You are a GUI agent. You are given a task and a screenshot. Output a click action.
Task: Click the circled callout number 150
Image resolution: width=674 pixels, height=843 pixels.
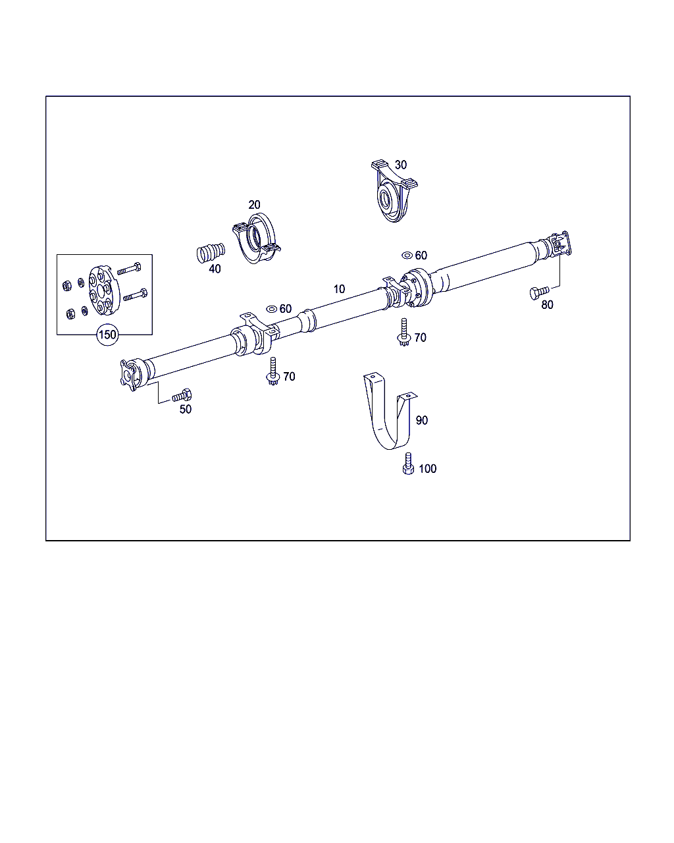(107, 335)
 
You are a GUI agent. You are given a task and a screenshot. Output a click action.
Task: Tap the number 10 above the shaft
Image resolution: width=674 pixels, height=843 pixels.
(339, 289)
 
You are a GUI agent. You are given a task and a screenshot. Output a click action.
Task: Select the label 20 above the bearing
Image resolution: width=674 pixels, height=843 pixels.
(254, 204)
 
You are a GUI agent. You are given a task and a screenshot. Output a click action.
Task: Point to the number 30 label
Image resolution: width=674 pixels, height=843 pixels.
(401, 165)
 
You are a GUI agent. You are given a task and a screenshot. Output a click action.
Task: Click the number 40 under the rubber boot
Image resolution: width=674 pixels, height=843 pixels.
(215, 269)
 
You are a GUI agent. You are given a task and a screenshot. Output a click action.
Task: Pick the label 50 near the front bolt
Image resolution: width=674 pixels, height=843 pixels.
(186, 410)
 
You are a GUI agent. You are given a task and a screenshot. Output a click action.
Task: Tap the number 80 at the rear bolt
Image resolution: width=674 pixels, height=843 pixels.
(547, 305)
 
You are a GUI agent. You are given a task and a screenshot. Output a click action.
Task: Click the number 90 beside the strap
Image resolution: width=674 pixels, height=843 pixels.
(422, 420)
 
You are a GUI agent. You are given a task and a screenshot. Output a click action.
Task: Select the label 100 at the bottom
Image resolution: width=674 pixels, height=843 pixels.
(428, 469)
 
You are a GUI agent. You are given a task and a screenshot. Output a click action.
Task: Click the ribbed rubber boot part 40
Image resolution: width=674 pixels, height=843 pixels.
(211, 253)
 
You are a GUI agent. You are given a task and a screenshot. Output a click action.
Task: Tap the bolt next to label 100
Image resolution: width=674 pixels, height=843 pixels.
(408, 464)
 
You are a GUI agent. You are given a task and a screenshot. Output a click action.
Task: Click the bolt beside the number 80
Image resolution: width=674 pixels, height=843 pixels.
(539, 292)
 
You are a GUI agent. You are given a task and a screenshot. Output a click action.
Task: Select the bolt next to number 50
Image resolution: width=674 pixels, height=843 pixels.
(182, 396)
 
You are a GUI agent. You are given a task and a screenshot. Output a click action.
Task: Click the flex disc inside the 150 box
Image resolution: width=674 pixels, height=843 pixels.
(100, 290)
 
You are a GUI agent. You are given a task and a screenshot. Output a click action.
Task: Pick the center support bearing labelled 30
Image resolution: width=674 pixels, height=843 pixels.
(394, 192)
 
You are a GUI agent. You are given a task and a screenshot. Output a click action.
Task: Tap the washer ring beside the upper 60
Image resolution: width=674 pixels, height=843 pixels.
(407, 256)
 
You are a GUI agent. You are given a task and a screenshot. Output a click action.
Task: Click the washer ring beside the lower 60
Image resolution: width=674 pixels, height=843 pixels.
(271, 309)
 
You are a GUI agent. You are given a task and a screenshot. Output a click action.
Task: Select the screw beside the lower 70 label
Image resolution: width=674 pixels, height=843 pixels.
(272, 371)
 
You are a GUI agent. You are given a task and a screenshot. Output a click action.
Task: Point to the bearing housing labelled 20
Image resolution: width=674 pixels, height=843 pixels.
(257, 239)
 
